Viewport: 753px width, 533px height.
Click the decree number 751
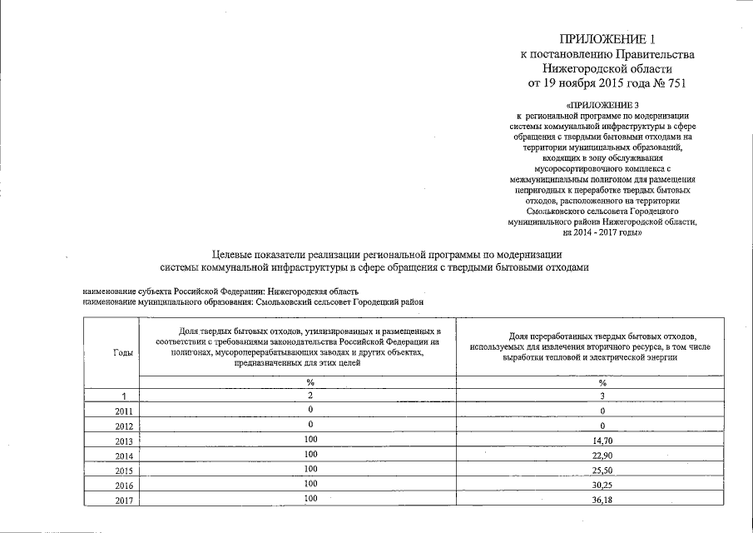pos(679,83)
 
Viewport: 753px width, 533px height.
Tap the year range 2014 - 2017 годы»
pos(602,234)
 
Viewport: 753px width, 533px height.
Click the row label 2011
pos(123,411)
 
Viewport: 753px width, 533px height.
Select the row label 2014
pos(123,456)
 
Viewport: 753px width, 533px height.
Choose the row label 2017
pos(123,500)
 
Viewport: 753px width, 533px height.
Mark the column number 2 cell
pos(310,396)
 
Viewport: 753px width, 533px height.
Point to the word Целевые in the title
pos(232,253)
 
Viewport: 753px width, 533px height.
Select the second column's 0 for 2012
pos(310,425)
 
